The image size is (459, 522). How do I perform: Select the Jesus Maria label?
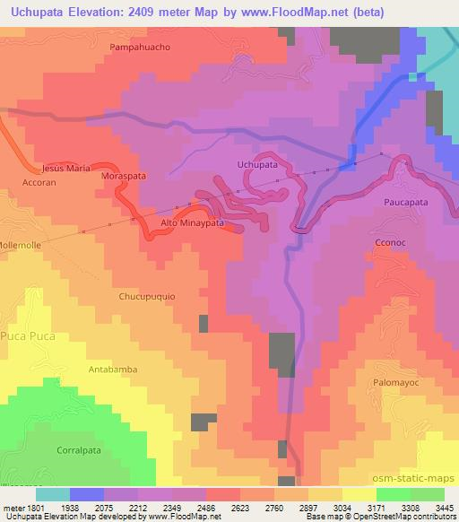66,168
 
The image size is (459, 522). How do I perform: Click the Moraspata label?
123,178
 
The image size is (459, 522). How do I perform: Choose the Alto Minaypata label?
191,222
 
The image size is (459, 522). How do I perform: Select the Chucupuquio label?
147,295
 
